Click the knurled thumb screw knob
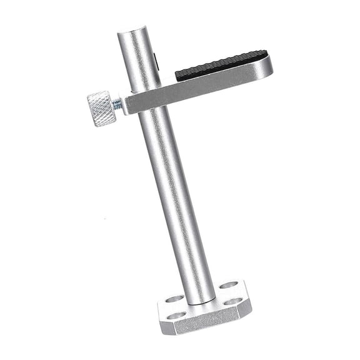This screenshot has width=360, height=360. pos(100,108)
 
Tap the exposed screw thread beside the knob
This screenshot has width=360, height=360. pos(117,105)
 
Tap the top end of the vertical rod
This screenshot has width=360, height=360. pos(132,31)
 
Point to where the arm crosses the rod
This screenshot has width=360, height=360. pos(147,99)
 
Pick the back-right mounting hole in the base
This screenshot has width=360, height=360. pos(229,285)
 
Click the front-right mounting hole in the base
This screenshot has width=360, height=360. pos(232,301)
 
